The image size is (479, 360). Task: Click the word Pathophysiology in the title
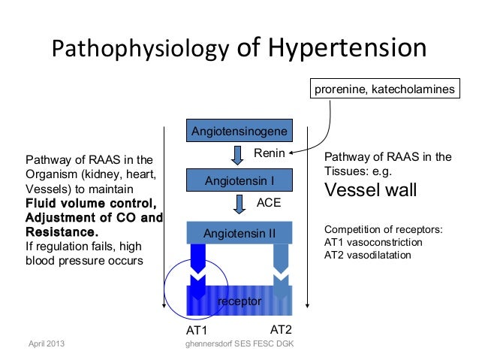(140, 50)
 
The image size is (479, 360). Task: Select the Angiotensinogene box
(239, 132)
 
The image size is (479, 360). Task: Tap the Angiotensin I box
(239, 181)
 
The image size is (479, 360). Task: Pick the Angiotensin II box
(239, 233)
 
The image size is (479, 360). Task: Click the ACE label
(268, 203)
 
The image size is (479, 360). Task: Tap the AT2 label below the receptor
(280, 330)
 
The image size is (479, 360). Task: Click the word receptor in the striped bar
(239, 301)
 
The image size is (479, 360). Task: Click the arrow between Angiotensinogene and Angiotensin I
(237, 156)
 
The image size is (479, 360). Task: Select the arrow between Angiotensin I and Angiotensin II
(240, 204)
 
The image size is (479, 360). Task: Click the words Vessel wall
(370, 191)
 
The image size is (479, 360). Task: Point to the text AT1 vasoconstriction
(372, 243)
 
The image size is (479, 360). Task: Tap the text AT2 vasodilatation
(368, 255)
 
